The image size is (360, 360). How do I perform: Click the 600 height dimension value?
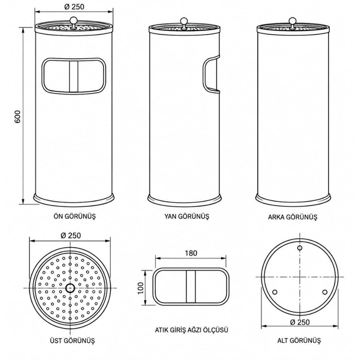pyautogui.click(x=18, y=116)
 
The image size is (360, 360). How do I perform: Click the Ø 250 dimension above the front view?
pyautogui.click(x=74, y=7)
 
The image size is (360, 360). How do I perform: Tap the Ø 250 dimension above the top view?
pyautogui.click(x=71, y=235)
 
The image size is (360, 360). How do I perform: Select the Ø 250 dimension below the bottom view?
pyautogui.click(x=300, y=322)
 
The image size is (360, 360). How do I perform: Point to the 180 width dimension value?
pyautogui.click(x=191, y=253)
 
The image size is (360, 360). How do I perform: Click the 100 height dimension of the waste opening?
pyautogui.click(x=140, y=288)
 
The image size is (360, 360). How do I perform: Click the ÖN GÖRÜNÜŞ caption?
pyautogui.click(x=75, y=216)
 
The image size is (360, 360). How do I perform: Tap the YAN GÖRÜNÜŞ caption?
pyautogui.click(x=186, y=216)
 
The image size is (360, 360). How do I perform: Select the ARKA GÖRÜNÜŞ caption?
pyautogui.click(x=292, y=217)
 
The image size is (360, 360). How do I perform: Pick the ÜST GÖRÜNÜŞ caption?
pyautogui.click(x=72, y=340)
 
